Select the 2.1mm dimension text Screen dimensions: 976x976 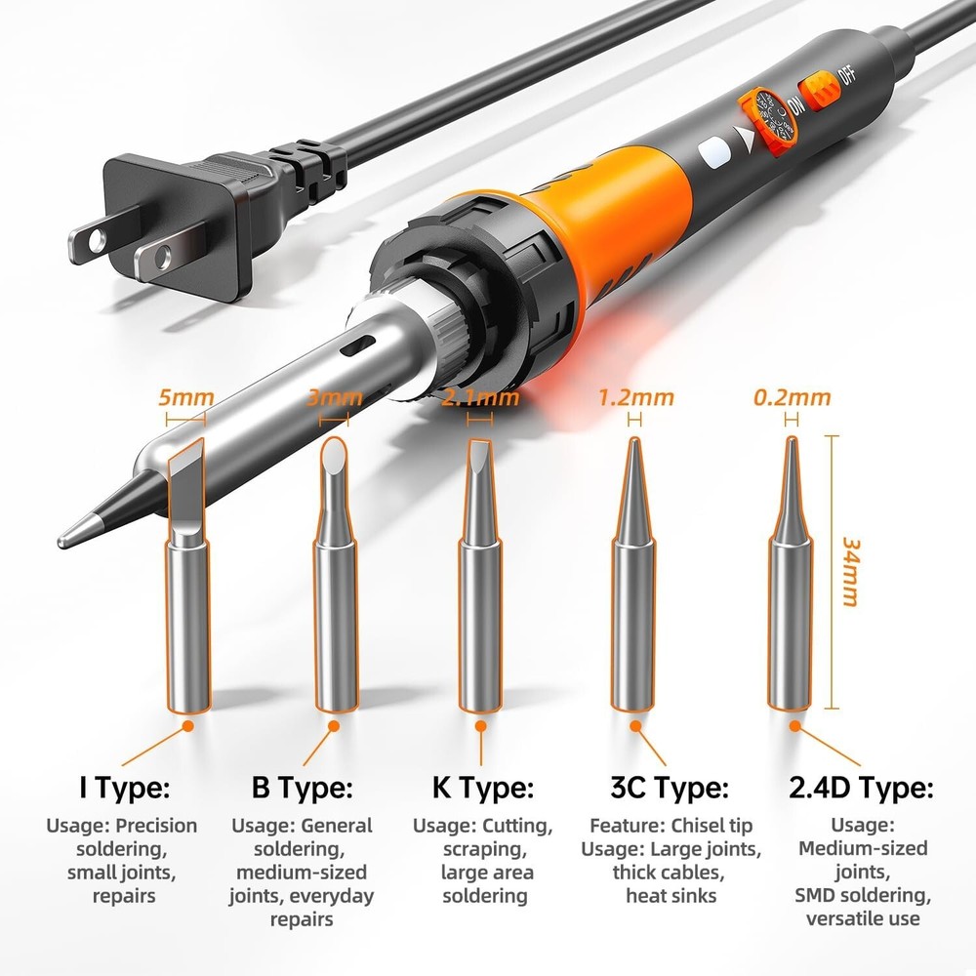(x=480, y=397)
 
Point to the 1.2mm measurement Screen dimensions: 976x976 (x=635, y=397)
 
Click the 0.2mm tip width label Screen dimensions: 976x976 (x=792, y=397)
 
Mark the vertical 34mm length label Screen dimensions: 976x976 (x=849, y=571)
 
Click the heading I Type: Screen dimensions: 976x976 (x=124, y=787)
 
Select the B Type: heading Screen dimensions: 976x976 (x=302, y=787)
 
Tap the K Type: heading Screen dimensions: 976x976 (x=482, y=787)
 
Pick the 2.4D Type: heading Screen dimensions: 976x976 (x=861, y=787)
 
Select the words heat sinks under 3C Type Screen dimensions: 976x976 (x=671, y=895)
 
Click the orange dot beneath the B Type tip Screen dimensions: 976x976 (x=334, y=726)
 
